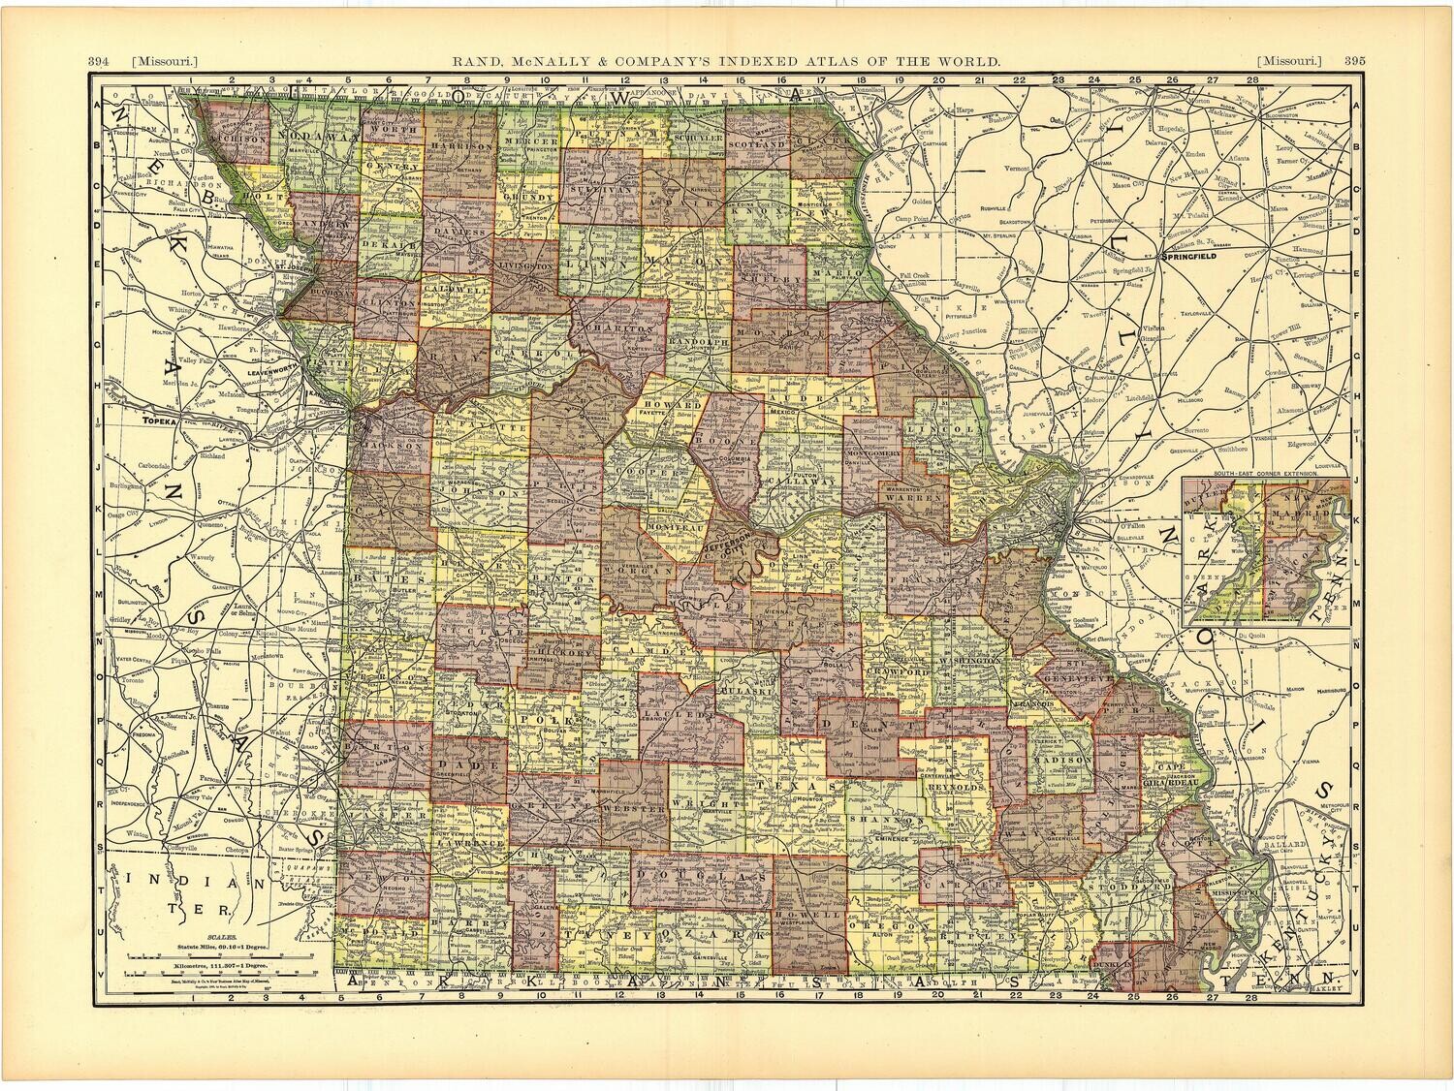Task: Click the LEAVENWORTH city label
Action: click(277, 370)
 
